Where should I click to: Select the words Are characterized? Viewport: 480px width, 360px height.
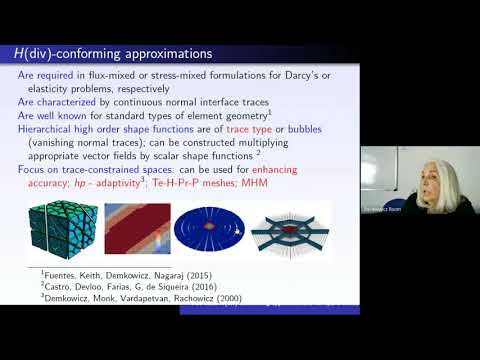[x=58, y=102]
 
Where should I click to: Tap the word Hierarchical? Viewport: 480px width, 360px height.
[x=55, y=129]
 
